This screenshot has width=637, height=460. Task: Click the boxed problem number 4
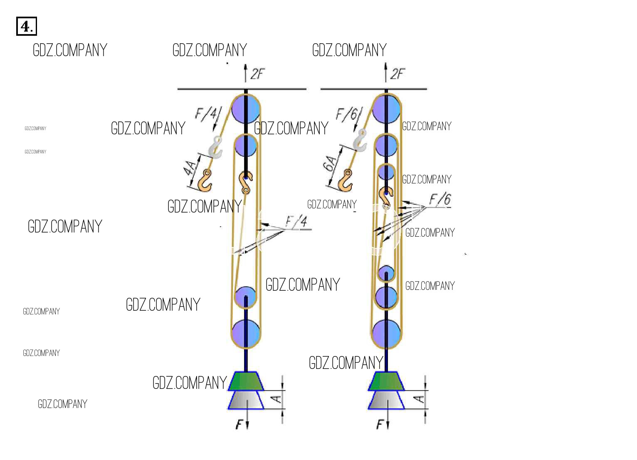pos(27,26)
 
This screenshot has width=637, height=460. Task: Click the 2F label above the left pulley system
pos(257,74)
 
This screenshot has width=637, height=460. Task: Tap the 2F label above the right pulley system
pos(397,74)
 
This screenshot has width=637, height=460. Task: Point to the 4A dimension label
pos(190,169)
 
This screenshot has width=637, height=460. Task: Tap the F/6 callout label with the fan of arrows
pos(440,200)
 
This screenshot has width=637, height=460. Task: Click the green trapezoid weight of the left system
pos(246,381)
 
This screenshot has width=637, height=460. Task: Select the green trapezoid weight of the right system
pos(386,381)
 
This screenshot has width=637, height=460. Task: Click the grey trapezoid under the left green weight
pos(246,400)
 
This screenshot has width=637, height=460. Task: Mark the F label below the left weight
pos(239,424)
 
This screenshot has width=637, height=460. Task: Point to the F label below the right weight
pos(380,424)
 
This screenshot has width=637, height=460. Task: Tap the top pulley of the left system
pos(246,109)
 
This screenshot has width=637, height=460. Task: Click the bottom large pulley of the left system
pos(246,333)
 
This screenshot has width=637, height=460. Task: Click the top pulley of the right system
pos(386,109)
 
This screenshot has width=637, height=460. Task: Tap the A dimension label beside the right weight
pos(420,399)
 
